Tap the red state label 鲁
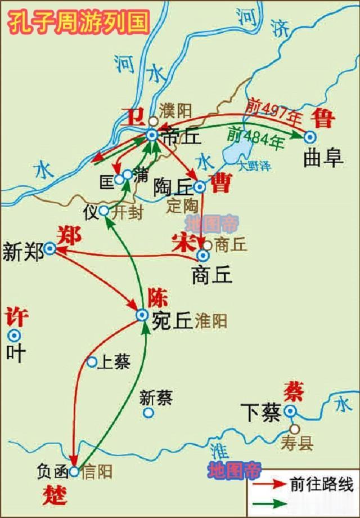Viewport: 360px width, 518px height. point(325,119)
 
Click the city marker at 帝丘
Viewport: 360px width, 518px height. point(151,135)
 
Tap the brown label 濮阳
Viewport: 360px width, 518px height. point(174,109)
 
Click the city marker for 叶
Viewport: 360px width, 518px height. point(13,336)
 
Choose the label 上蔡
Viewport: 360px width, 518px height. point(114,362)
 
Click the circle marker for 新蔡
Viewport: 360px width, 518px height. point(148,413)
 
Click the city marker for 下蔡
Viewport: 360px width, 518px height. point(290,412)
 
